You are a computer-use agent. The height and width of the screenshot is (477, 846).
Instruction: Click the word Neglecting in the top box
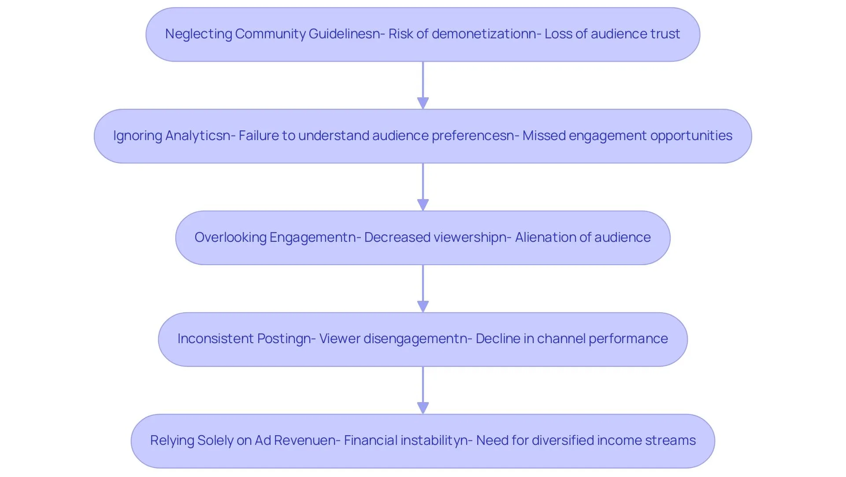pyautogui.click(x=199, y=34)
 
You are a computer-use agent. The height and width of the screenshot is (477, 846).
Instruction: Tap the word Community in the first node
pyautogui.click(x=270, y=34)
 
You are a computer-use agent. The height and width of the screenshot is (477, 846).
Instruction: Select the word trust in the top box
pyautogui.click(x=665, y=34)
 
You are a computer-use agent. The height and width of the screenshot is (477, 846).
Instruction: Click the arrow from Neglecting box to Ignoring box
pyautogui.click(x=423, y=85)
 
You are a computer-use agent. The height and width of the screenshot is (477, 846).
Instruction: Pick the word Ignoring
pyautogui.click(x=138, y=136)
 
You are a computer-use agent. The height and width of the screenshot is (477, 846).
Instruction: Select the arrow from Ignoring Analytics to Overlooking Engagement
pyautogui.click(x=423, y=187)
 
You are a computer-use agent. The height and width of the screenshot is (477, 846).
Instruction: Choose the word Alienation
pyautogui.click(x=545, y=237)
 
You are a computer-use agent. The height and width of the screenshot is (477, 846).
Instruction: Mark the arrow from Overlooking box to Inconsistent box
pyautogui.click(x=423, y=288)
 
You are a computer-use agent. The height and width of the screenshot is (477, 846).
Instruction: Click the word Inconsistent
pyautogui.click(x=215, y=339)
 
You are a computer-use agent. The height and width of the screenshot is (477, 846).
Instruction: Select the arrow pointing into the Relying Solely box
pyautogui.click(x=423, y=390)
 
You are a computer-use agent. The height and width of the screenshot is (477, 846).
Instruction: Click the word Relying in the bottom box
pyautogui.click(x=172, y=440)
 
